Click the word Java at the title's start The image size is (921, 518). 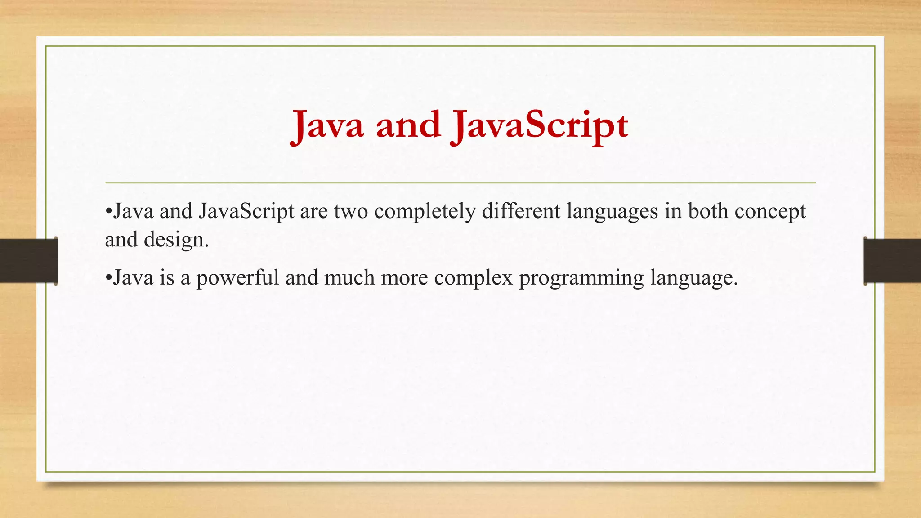pyautogui.click(x=327, y=126)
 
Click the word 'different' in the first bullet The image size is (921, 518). pyautogui.click(x=521, y=211)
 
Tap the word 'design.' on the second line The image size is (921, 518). pyautogui.click(x=176, y=240)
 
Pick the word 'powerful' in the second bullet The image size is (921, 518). pyautogui.click(x=237, y=278)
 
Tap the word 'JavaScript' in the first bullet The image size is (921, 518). pyautogui.click(x=246, y=211)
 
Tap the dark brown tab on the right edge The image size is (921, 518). pyautogui.click(x=892, y=261)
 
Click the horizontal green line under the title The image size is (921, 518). pyautogui.click(x=460, y=183)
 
